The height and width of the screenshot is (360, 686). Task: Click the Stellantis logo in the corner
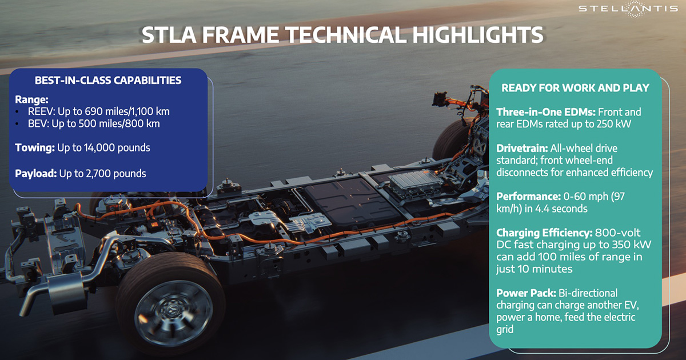coord(628,8)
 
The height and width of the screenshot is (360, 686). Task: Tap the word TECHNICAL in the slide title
coord(346,35)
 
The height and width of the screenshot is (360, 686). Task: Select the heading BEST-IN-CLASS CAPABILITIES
coord(108,80)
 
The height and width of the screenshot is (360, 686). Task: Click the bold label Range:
coord(31,100)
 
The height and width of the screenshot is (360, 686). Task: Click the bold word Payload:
coord(36,174)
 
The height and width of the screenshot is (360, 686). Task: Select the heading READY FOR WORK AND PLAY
coord(575,88)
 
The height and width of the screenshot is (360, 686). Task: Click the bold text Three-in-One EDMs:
coord(546,112)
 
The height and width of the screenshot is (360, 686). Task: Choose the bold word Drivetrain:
coord(522,149)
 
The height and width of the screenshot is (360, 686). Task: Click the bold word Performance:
coord(528,197)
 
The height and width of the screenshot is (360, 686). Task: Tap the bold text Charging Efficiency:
coord(544,233)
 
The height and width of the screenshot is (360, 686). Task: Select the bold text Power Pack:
coord(526,293)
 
